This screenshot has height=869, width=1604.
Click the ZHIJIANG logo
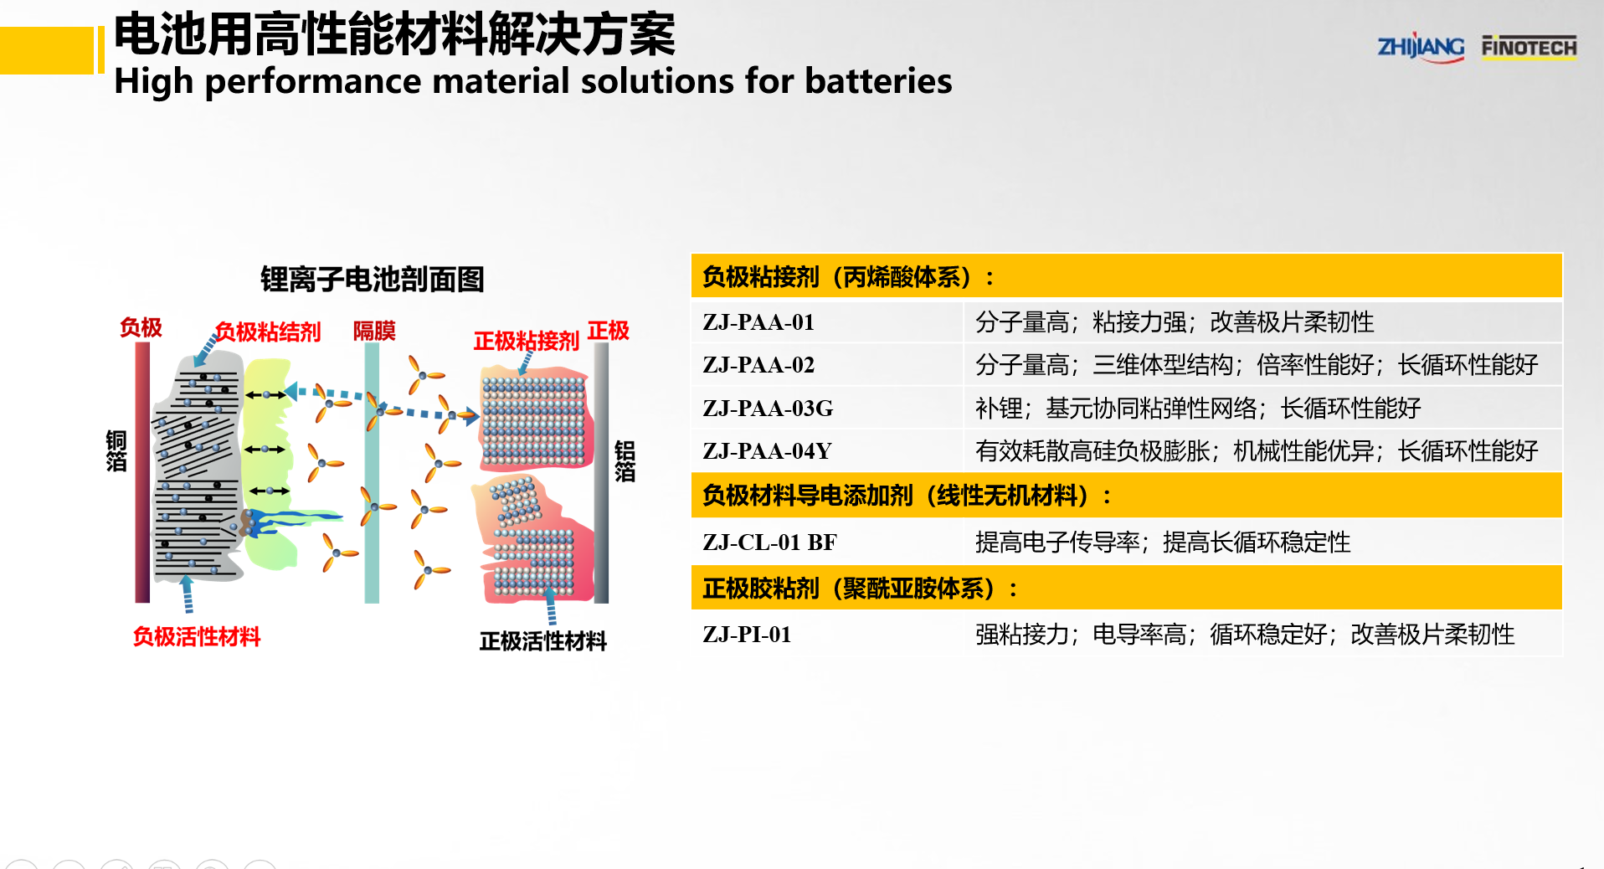[1420, 47]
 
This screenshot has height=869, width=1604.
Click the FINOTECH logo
[1529, 47]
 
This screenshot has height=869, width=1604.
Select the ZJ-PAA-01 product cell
[758, 322]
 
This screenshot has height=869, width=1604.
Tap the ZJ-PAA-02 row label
[758, 365]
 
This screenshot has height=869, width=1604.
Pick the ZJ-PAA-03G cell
[768, 409]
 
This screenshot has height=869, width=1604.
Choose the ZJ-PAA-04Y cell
[767, 451]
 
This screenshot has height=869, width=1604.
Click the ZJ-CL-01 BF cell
[769, 542]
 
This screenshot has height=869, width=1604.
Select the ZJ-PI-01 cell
[747, 635]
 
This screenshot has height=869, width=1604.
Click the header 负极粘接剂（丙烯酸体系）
[848, 277]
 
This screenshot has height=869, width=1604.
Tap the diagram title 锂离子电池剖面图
[372, 279]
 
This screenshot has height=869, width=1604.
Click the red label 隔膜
[373, 331]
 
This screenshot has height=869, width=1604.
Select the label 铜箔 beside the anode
[116, 451]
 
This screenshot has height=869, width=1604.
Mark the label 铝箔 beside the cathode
[625, 461]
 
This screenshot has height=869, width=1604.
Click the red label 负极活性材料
[197, 637]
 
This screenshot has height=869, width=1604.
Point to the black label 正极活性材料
[542, 641]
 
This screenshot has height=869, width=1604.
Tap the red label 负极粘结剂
[267, 332]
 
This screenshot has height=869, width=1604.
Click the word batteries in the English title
[878, 81]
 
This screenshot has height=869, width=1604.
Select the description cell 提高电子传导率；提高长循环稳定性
[1162, 542]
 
